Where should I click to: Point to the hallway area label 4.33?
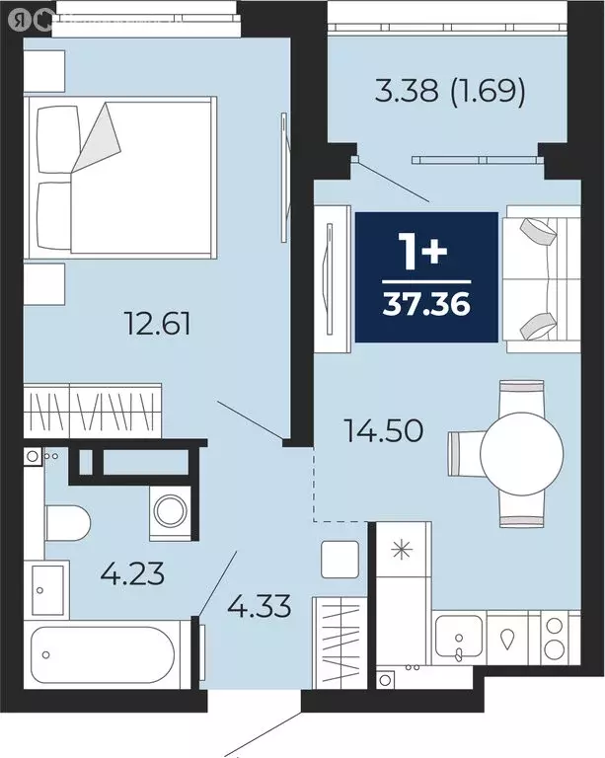(x=260, y=604)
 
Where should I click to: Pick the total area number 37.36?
(x=425, y=298)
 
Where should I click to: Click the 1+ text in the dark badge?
(x=425, y=253)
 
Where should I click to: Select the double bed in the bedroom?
(x=122, y=178)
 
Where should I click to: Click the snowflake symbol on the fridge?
(x=403, y=548)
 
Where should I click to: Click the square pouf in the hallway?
(x=338, y=560)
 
